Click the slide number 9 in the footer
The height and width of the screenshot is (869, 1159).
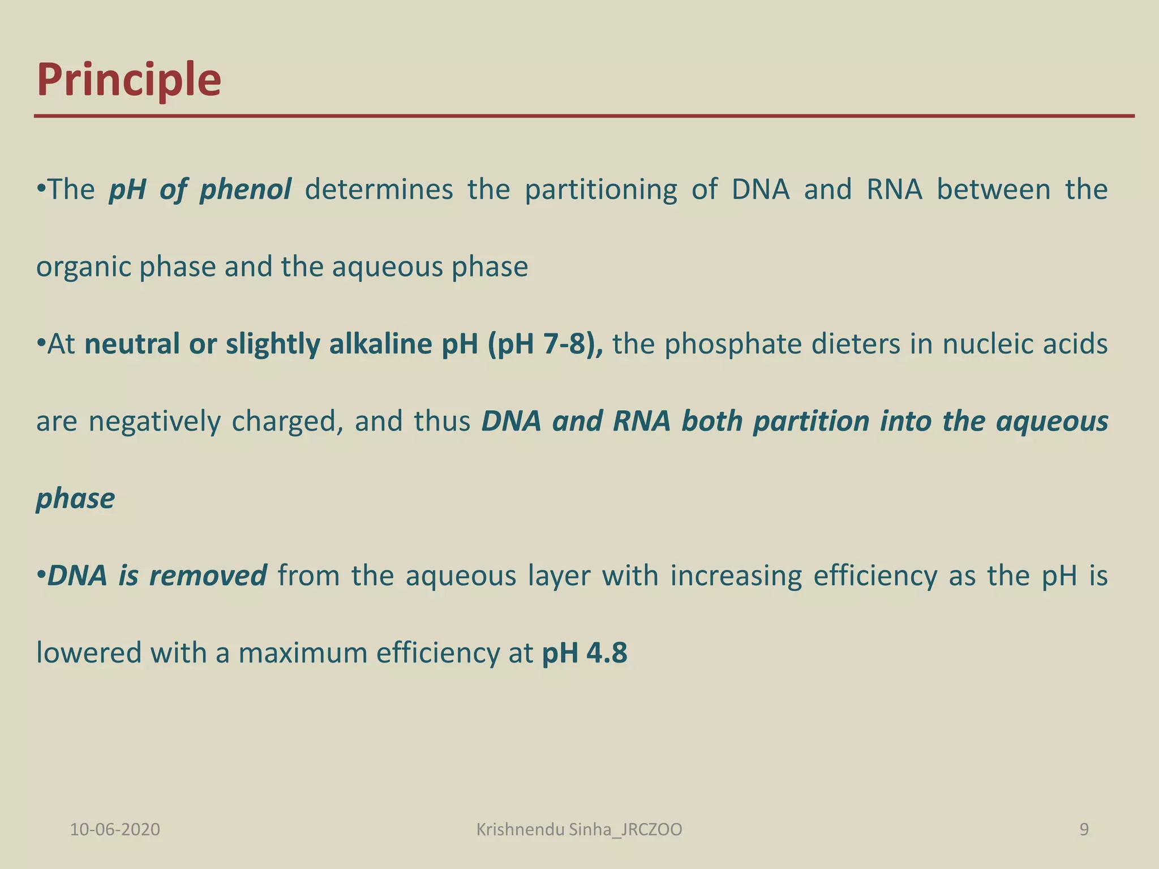pos(1084,829)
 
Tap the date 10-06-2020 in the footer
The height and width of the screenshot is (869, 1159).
pos(115,829)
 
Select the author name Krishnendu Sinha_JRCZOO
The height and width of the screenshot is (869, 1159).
pos(579,829)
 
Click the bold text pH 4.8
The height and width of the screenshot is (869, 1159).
pos(585,653)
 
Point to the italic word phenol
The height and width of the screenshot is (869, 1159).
pos(246,190)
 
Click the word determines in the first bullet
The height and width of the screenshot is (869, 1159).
pos(379,190)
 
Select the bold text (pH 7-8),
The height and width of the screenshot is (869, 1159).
pos(546,344)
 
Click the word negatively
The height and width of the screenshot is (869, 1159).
pos(154,421)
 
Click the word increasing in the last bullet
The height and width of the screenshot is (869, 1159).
pos(736,576)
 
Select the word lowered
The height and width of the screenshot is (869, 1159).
pos(89,653)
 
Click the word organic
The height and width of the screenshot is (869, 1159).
pos(83,267)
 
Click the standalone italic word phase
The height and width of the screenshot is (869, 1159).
pos(75,498)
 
